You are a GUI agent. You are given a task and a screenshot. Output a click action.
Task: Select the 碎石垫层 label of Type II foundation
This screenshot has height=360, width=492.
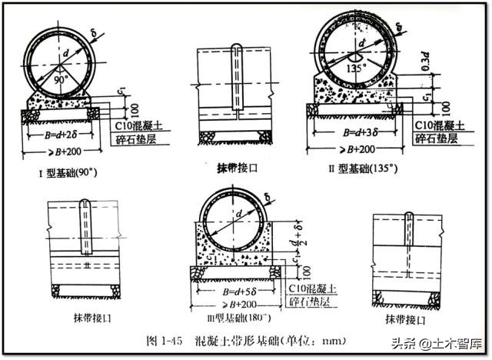436,138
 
